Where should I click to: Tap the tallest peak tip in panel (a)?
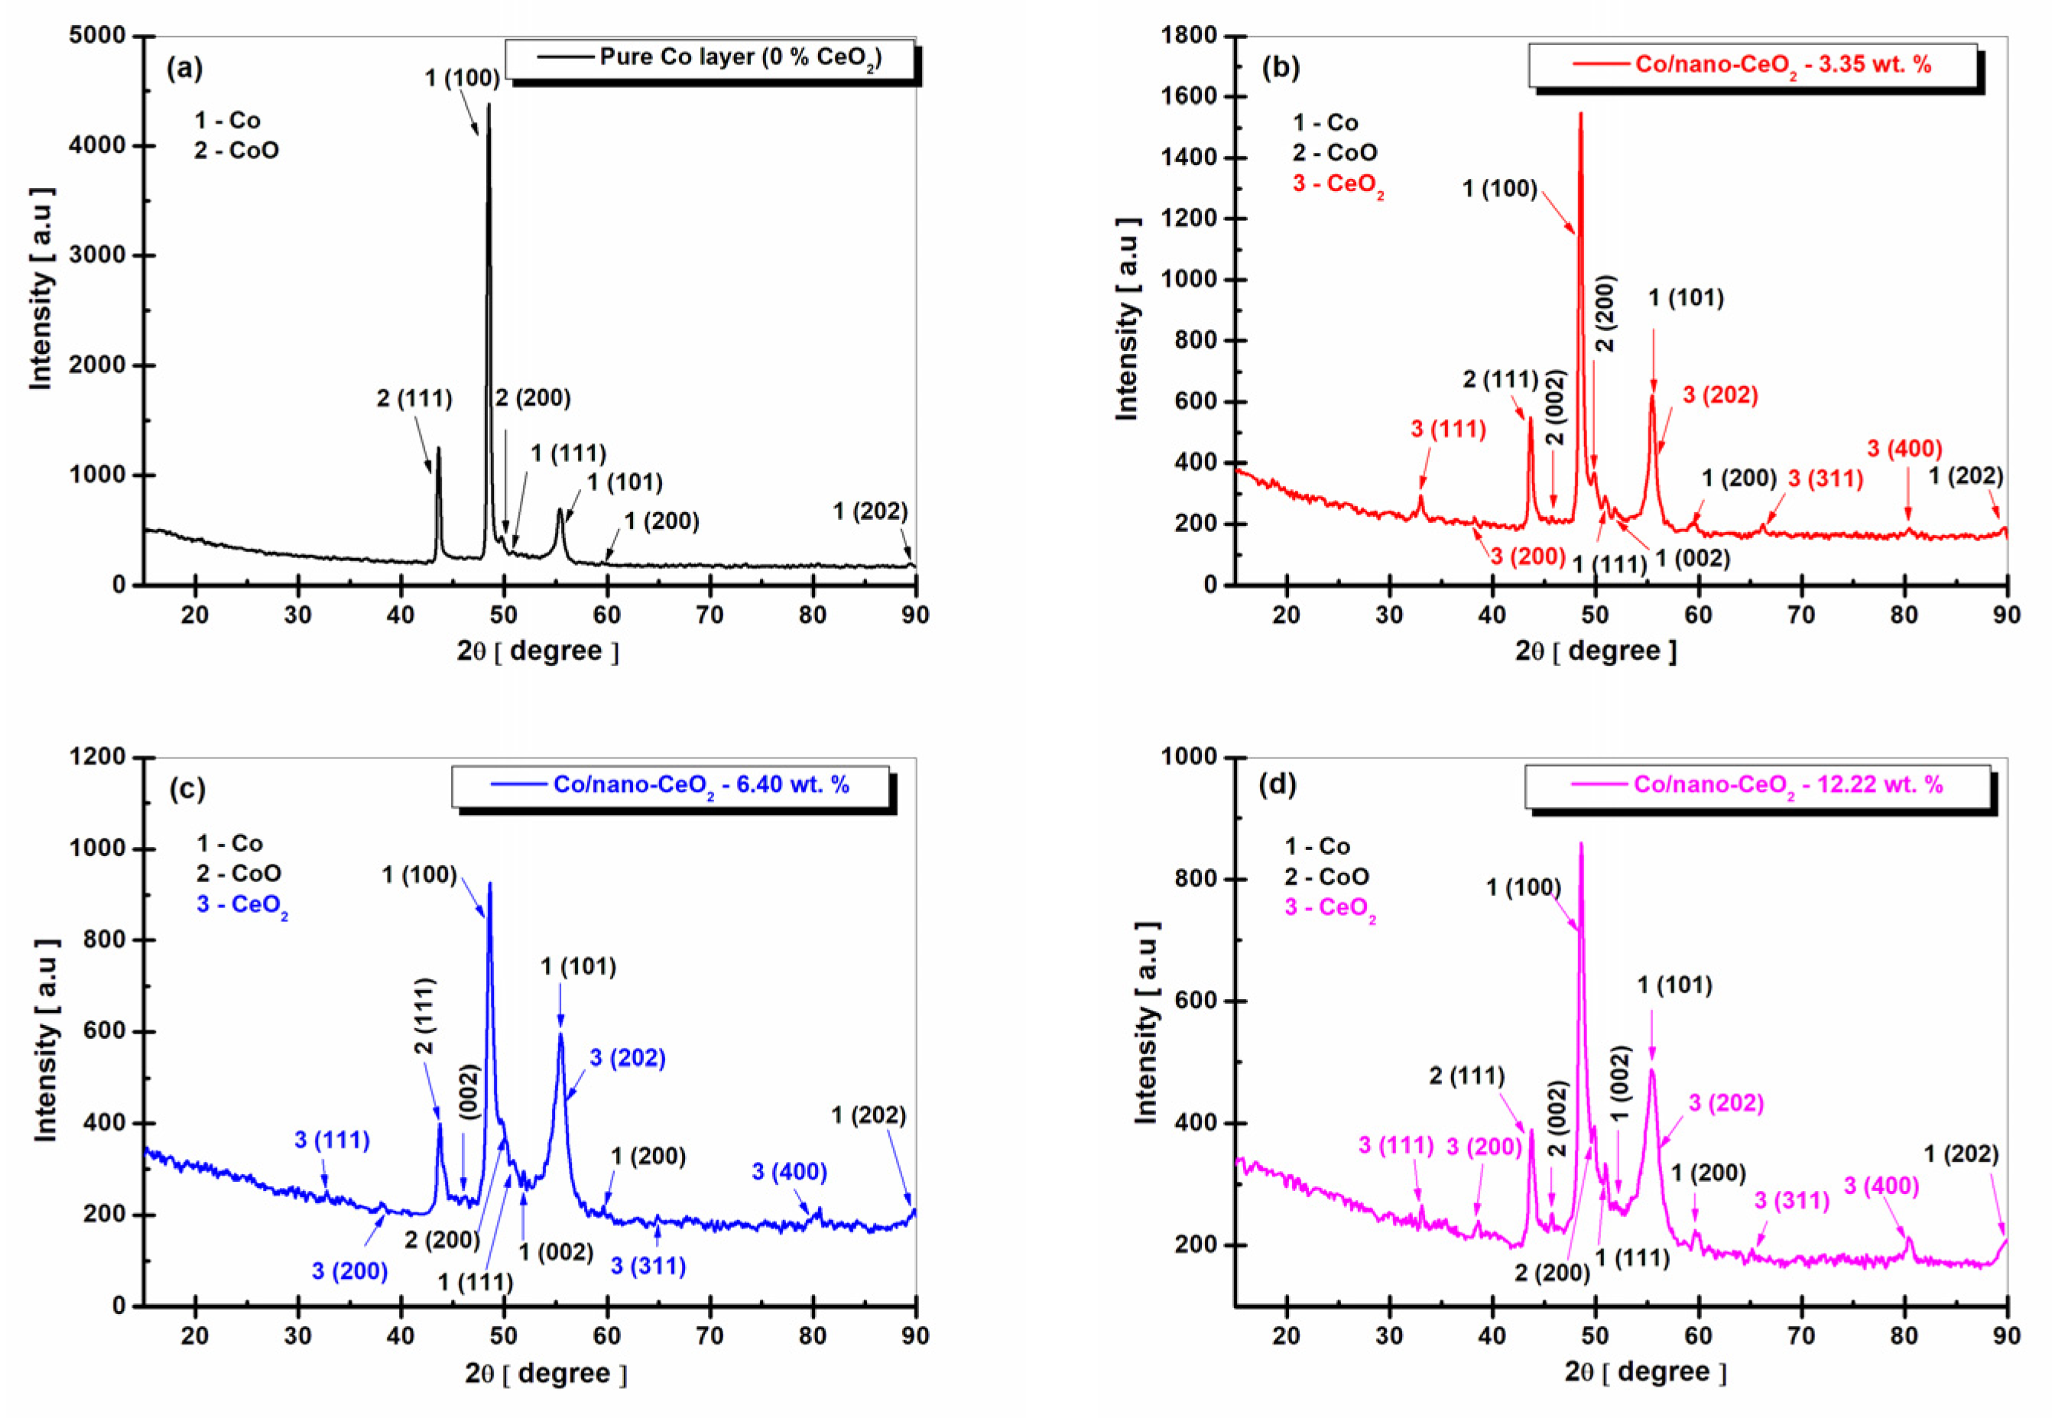[x=488, y=105]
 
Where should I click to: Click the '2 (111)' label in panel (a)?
[x=414, y=399]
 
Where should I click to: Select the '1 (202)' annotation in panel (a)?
[x=870, y=511]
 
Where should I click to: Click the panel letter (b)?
[x=1281, y=67]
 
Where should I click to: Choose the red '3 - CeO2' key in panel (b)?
[x=1337, y=185]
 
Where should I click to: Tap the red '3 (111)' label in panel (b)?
[x=1448, y=429]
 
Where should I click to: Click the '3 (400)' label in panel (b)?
[x=1904, y=449]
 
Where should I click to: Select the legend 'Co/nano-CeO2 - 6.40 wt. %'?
[x=701, y=785]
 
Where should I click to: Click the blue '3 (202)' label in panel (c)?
[x=628, y=1057]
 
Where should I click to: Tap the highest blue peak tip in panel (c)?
[x=489, y=884]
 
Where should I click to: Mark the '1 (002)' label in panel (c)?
[x=556, y=1252]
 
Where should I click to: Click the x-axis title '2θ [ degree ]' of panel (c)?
[x=546, y=1374]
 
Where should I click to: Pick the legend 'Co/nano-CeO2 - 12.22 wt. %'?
[x=1788, y=785]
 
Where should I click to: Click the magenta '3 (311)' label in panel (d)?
[x=1791, y=1201]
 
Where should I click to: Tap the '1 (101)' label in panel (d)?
[x=1674, y=985]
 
